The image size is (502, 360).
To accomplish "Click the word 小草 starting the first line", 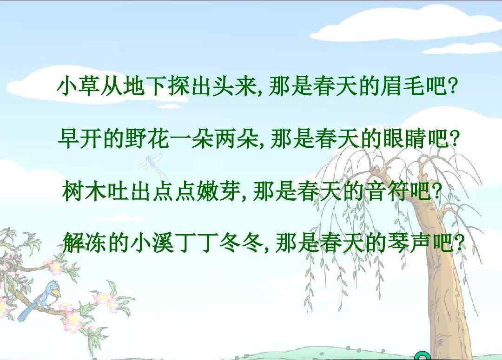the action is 79,86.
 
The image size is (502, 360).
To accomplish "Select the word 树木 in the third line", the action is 84,191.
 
